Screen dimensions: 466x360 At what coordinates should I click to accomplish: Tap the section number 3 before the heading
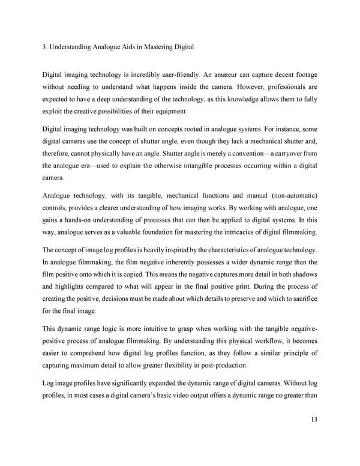point(44,47)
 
